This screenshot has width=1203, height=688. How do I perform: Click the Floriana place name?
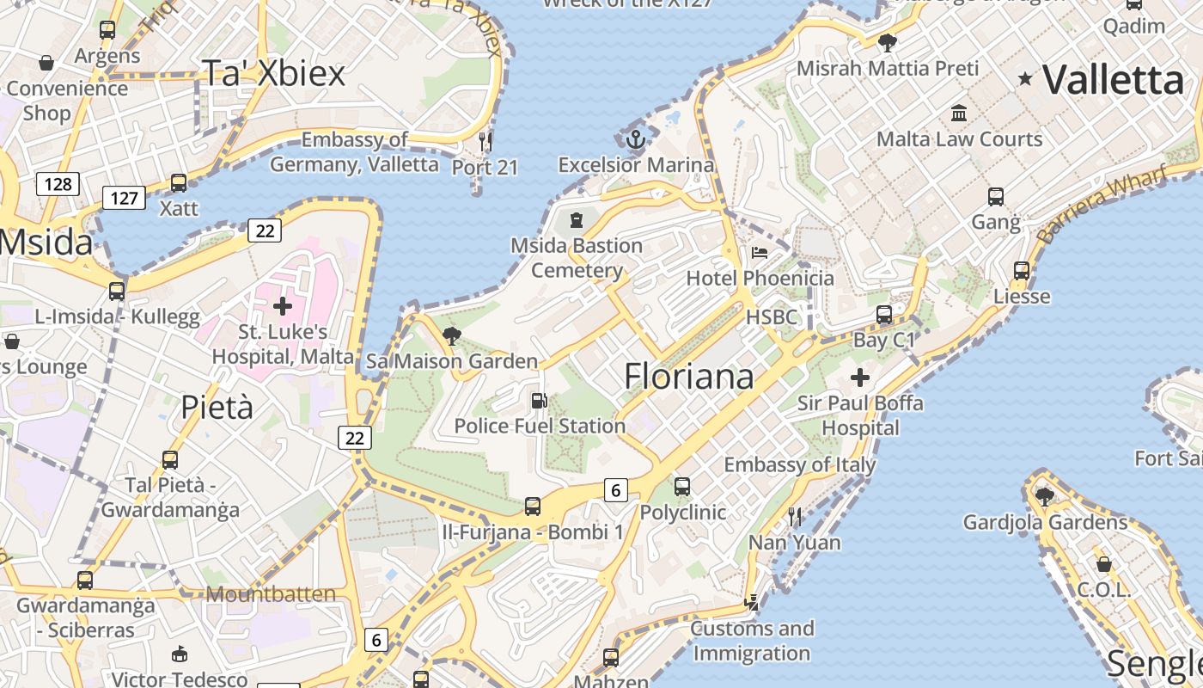[x=689, y=377]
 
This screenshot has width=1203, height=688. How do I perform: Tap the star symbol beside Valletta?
[x=1025, y=79]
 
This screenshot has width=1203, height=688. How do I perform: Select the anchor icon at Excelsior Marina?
[x=635, y=139]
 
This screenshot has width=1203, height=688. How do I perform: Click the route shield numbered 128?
[x=58, y=183]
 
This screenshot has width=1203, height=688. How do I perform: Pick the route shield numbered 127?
[x=125, y=198]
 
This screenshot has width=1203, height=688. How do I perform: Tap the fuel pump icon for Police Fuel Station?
[x=539, y=400]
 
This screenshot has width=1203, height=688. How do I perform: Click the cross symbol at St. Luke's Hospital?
[x=283, y=305]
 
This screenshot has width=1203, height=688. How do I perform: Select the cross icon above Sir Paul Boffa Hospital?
[x=859, y=378]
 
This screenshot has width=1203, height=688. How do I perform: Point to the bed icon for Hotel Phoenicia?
[x=760, y=253]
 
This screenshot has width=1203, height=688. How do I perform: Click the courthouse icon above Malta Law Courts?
[x=959, y=113]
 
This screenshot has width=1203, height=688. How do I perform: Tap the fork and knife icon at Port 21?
[x=485, y=140]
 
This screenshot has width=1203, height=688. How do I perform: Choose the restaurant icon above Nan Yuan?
[x=795, y=516]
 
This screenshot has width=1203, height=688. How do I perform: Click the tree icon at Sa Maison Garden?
[x=452, y=335]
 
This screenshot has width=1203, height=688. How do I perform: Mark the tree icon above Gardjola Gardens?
[x=1045, y=496]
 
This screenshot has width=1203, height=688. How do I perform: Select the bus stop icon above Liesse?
[x=1022, y=270]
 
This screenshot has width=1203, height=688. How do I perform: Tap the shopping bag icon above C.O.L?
[x=1104, y=564]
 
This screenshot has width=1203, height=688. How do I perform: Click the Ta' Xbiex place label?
[x=273, y=74]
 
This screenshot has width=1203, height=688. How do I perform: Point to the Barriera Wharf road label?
[x=1102, y=205]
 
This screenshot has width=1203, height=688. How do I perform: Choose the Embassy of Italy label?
[x=799, y=465]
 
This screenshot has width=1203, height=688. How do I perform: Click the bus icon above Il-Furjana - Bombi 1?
[x=533, y=506]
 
